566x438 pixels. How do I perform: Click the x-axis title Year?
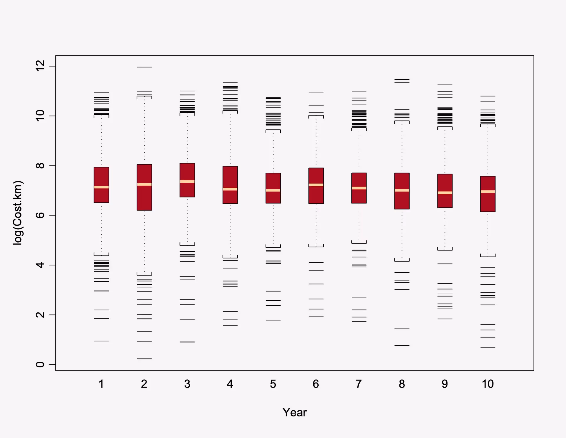[294, 412]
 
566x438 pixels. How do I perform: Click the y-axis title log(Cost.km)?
[18, 213]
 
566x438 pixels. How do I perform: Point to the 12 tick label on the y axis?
[40, 66]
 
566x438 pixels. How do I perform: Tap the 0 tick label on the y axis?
[40, 364]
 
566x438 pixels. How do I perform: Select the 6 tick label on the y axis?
[40, 215]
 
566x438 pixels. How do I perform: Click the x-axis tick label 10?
[488, 384]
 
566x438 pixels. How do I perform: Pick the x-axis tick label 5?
[273, 384]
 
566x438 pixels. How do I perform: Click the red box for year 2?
[144, 197]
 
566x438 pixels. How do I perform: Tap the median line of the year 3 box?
[187, 181]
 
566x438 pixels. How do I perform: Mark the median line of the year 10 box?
[488, 192]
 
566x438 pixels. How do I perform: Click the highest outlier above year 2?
[144, 67]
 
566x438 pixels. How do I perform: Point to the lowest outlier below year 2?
[144, 359]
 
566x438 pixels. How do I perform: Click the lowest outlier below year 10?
[488, 347]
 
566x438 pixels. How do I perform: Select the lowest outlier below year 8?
[402, 345]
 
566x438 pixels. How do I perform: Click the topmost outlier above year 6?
[316, 92]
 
